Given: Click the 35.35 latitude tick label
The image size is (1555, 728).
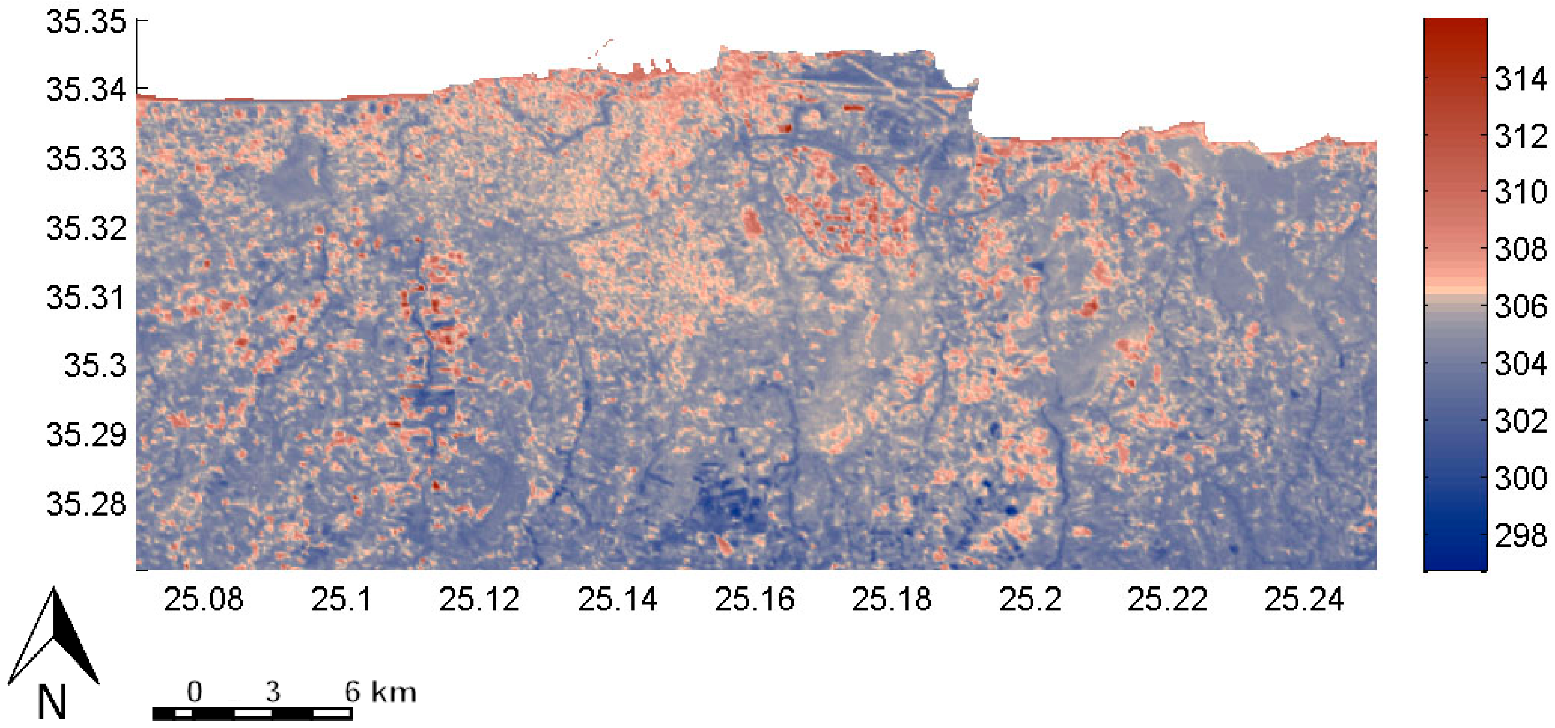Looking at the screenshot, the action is click(86, 23).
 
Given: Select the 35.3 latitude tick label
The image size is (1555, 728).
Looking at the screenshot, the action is click(96, 366).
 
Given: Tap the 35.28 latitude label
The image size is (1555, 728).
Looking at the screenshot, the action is click(86, 503).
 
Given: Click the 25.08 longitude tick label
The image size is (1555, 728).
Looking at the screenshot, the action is click(203, 599).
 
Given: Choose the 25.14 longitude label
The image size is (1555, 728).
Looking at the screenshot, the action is click(617, 599).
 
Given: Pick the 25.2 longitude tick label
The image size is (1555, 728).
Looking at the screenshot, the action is click(1030, 599).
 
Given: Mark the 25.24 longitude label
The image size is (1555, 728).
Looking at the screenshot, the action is click(1304, 599).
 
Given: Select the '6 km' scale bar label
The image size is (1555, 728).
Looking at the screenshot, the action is click(380, 692).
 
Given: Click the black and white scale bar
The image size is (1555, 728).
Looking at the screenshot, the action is click(252, 713).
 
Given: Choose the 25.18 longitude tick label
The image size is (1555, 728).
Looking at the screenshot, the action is click(892, 599).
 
